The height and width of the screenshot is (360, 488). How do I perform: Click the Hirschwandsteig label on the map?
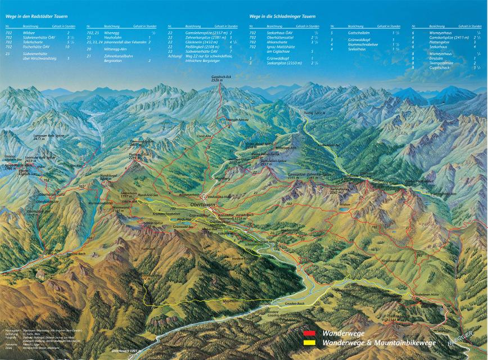tap(394, 260)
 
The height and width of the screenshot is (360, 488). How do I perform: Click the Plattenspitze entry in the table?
tap(438, 41)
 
